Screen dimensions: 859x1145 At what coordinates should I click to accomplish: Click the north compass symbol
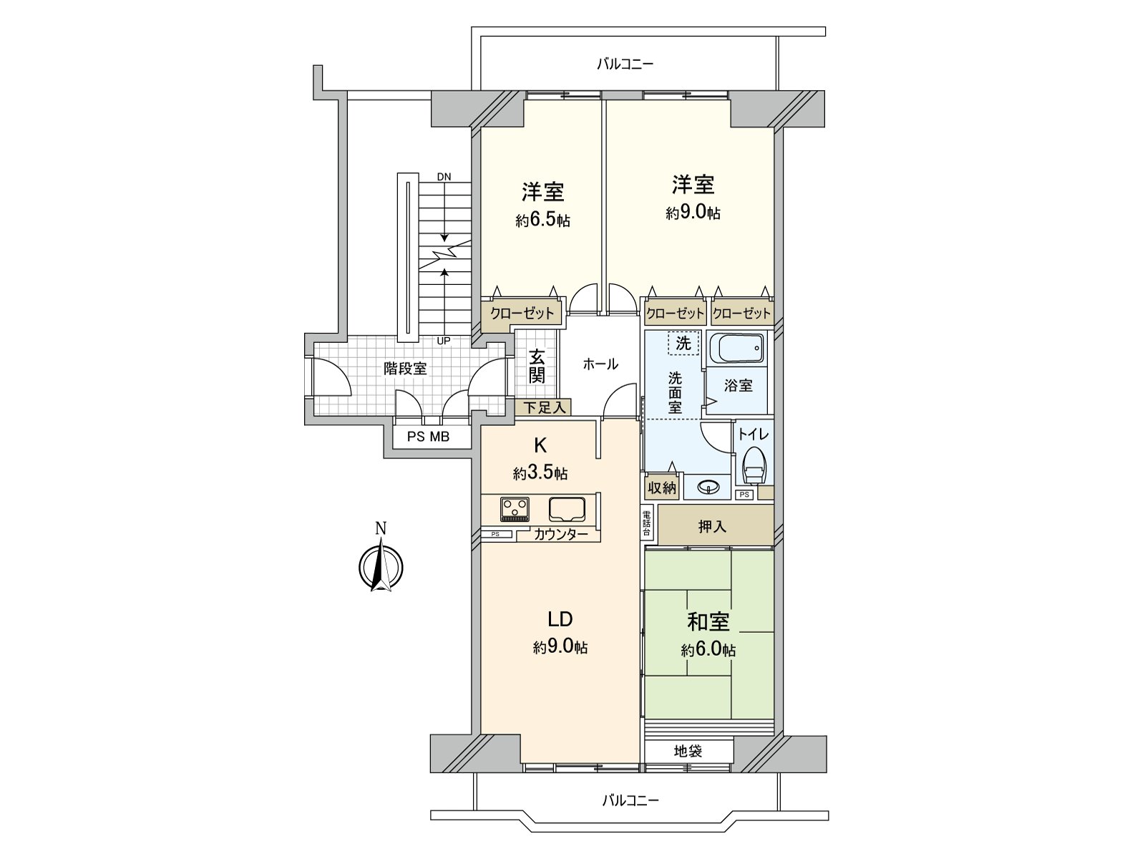tap(380, 567)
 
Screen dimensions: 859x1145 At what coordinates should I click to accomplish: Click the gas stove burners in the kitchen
tap(515, 509)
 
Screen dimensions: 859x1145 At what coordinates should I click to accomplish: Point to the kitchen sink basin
tap(567, 509)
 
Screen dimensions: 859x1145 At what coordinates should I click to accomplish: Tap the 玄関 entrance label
tap(537, 365)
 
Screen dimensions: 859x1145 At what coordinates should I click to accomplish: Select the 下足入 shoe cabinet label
tap(544, 407)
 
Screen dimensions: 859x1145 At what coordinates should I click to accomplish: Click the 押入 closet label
tap(712, 527)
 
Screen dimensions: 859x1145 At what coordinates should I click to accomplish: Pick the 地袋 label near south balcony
tap(688, 751)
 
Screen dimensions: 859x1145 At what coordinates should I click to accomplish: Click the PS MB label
tap(428, 436)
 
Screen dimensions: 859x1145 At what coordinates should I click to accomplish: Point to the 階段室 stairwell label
tap(405, 369)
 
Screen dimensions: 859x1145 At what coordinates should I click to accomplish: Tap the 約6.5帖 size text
tap(542, 220)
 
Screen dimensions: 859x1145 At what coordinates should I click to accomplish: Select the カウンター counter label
tap(560, 534)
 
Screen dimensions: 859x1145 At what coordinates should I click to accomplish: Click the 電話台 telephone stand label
tap(646, 523)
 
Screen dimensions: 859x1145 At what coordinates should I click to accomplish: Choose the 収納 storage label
tap(662, 487)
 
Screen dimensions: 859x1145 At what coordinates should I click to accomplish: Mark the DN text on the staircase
tap(444, 177)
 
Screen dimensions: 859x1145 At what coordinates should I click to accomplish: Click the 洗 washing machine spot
tap(683, 343)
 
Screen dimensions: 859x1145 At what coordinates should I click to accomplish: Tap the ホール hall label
tap(600, 364)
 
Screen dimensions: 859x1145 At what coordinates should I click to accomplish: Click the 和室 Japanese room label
tap(708, 621)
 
